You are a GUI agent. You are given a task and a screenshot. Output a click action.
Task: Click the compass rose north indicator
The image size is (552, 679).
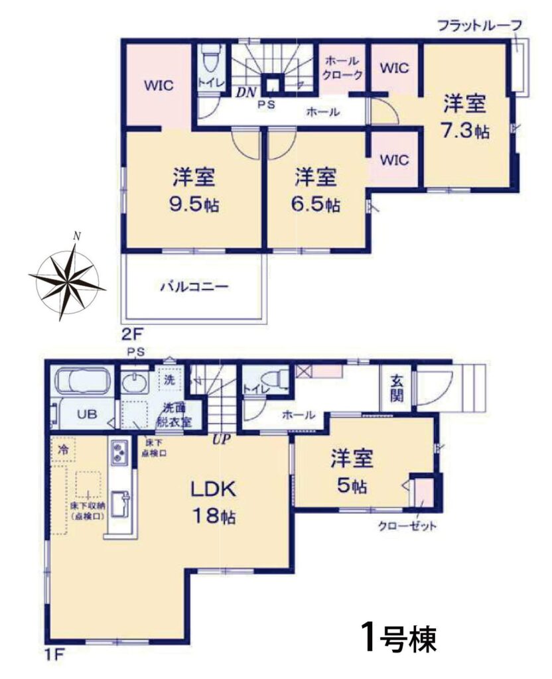[x=77, y=236]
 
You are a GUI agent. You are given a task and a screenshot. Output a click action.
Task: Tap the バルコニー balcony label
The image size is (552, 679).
[x=194, y=286]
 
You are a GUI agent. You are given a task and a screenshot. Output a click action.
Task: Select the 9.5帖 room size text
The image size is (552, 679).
[x=194, y=205]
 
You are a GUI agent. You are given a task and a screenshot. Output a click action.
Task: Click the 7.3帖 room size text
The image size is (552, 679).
[x=465, y=130]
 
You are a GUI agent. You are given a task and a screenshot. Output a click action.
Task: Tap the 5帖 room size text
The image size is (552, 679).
[x=352, y=486]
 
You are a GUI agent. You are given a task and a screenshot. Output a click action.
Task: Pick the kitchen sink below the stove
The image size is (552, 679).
[x=119, y=505]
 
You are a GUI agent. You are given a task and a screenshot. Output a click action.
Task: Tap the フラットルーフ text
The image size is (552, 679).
[x=480, y=26]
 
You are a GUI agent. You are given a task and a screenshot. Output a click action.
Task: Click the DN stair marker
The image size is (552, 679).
[x=247, y=92]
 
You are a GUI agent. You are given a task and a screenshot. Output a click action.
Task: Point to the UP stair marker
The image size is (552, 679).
[x=221, y=440]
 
